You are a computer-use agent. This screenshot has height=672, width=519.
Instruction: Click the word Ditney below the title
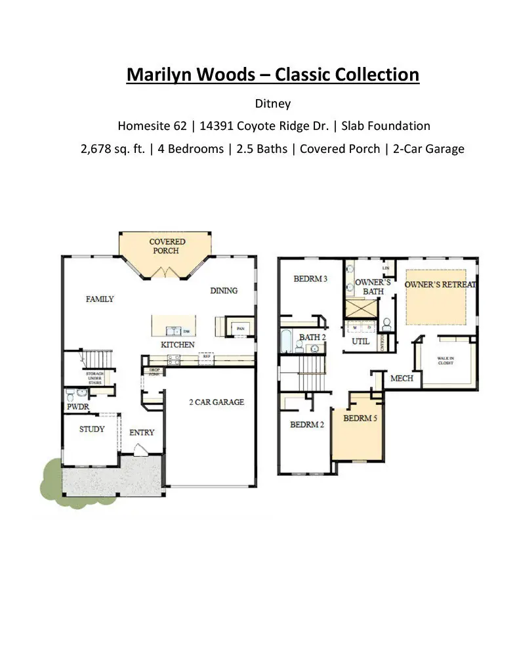pos(272,104)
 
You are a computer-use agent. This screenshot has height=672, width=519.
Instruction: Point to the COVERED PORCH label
pos(167,246)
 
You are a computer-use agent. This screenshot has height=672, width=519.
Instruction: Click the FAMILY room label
pos(100,299)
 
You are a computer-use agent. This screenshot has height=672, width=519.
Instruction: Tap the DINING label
pos(224,291)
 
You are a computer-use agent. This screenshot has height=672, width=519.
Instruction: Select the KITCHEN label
pos(178,345)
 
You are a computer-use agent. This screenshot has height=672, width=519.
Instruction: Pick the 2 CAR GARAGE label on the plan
pos(216,402)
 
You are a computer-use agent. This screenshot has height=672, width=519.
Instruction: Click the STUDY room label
pos(92,429)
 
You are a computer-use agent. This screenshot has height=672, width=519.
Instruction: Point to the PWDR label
pos(77,407)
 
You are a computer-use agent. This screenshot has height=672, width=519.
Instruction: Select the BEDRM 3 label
pos(310,279)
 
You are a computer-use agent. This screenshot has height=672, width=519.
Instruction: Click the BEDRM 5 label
pos(360,418)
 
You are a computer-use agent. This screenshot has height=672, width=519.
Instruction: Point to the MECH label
pos(402,379)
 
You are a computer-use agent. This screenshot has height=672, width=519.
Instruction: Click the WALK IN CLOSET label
pos(446,360)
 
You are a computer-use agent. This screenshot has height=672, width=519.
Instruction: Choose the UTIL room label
pos(361,341)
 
